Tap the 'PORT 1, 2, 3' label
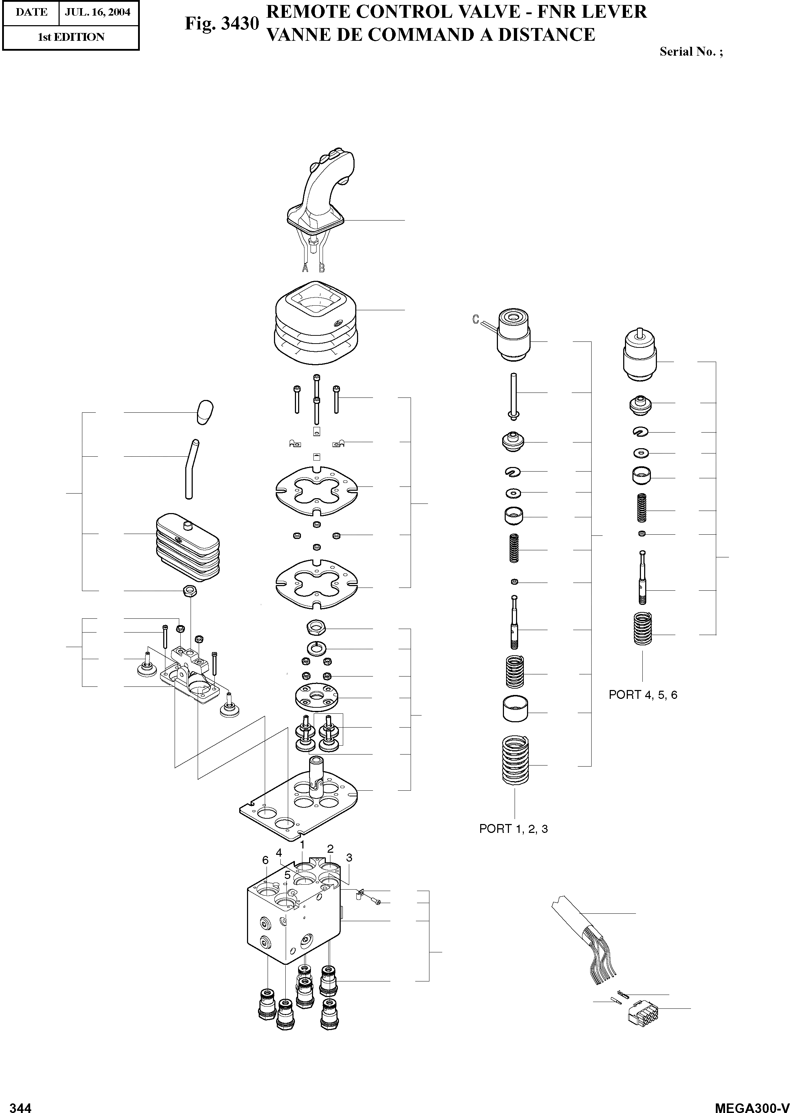(x=513, y=829)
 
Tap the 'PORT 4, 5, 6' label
(x=643, y=695)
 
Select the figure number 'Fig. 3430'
(x=221, y=23)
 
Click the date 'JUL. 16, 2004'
(x=98, y=12)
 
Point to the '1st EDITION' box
(x=71, y=37)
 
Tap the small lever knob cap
(x=205, y=412)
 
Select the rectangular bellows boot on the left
(x=187, y=547)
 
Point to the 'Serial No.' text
(x=691, y=51)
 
